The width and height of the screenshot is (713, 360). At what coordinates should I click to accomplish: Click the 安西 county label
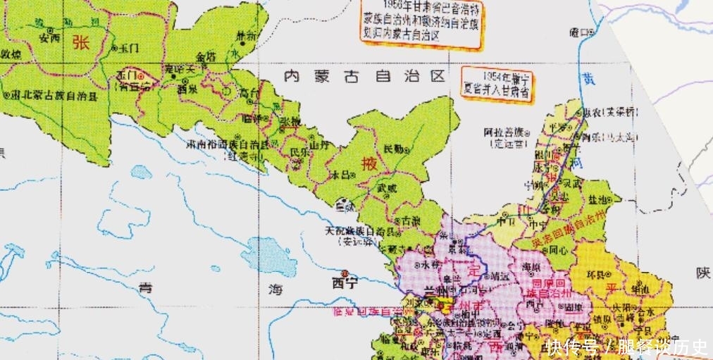tap(49, 39)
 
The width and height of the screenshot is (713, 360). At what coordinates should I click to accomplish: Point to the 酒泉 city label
tap(187, 89)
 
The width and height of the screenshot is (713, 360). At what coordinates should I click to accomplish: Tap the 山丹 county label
tap(321, 145)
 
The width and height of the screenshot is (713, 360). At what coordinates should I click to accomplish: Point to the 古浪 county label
tap(410, 221)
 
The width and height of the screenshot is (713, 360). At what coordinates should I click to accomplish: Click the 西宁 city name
tap(346, 285)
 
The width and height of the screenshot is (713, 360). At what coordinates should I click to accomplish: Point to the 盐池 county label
tap(605, 201)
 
